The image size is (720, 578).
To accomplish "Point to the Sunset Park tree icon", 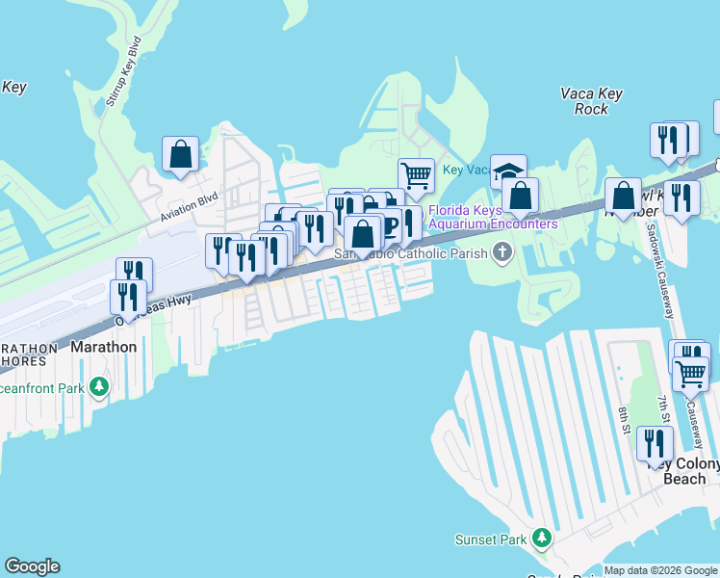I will tap(543, 537).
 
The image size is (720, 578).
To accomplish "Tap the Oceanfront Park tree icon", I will tap(98, 387).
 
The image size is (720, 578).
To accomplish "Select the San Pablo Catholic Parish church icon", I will tap(501, 253).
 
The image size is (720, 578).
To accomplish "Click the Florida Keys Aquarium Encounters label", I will tap(493, 217).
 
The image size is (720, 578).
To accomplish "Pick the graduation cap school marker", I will tap(508, 172).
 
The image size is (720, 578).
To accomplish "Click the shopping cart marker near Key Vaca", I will tap(416, 175).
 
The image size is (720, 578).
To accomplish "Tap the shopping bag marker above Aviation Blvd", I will tap(180, 153).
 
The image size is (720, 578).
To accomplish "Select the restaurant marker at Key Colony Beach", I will tap(655, 443).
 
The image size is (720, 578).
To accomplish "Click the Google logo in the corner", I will tap(32, 566).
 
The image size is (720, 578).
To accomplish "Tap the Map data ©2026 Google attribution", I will tap(660, 570).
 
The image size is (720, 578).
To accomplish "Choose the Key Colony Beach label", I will tap(684, 471).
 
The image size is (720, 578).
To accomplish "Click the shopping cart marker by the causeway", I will tap(690, 373).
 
